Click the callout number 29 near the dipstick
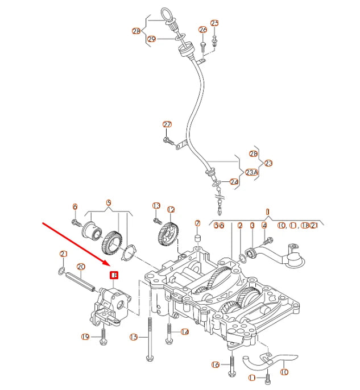(151, 39)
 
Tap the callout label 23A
(251, 172)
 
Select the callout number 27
(167, 125)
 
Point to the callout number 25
(214, 23)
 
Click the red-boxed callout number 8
(114, 275)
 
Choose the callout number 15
(134, 337)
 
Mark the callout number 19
(85, 337)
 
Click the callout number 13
(156, 205)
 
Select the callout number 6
(75, 206)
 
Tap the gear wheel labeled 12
(169, 234)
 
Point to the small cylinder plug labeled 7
(197, 238)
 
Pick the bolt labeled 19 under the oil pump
(103, 335)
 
